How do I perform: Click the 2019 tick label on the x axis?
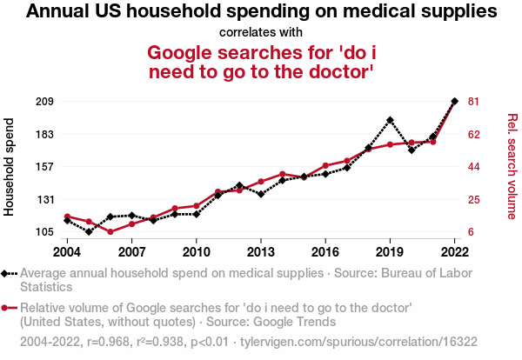tap(390, 252)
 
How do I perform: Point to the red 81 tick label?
tap(474, 102)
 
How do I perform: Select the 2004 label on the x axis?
tap(67, 252)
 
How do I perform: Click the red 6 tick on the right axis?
tap(472, 232)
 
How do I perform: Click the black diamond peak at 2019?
tap(390, 120)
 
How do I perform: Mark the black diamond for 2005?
tap(89, 232)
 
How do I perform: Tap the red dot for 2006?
tap(110, 232)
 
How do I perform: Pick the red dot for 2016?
tap(325, 165)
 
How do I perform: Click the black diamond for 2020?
tap(412, 150)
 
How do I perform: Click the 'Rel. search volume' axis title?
tap(512, 165)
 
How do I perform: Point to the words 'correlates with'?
tap(261, 32)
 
